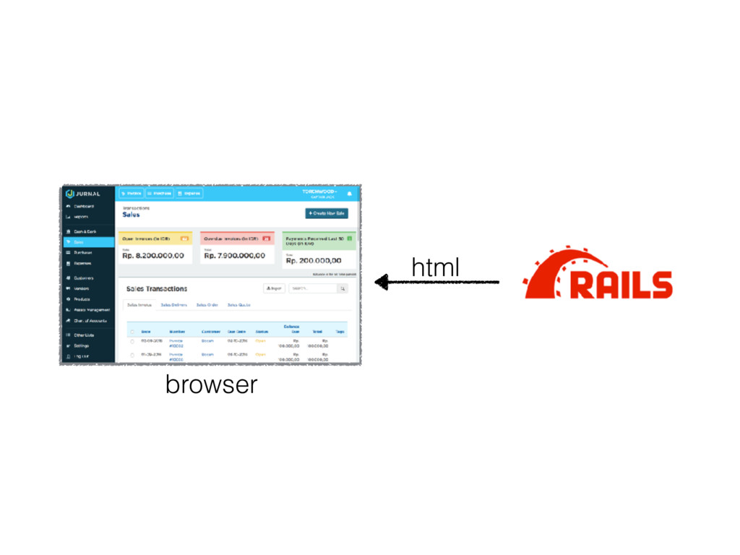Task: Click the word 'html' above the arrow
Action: coord(435,267)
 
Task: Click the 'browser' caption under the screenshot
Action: coord(211,384)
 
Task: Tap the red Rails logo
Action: coord(598,274)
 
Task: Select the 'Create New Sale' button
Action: coord(327,213)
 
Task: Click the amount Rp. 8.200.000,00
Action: coord(153,255)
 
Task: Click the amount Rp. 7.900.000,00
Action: coord(235,255)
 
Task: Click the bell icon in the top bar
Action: coord(350,194)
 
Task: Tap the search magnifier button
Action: coord(343,288)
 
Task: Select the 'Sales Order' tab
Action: coord(207,305)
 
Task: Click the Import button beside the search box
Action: coord(274,288)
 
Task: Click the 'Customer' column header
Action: coord(211,331)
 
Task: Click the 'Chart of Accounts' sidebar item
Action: coord(90,320)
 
